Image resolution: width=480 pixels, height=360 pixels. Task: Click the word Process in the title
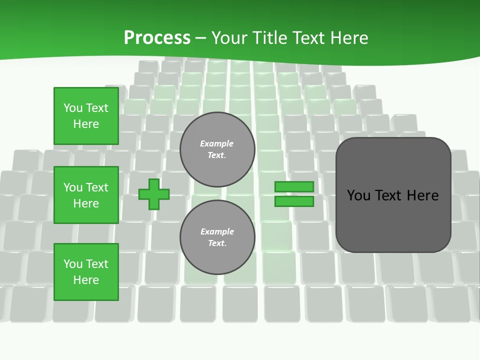click(x=157, y=38)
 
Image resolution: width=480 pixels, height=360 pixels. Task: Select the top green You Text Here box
click(x=86, y=116)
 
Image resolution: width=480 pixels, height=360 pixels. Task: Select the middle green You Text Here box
click(x=86, y=195)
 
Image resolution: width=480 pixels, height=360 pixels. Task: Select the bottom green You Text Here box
click(x=86, y=272)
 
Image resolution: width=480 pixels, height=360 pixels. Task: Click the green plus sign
click(x=153, y=194)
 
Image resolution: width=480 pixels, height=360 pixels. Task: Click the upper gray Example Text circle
click(x=217, y=149)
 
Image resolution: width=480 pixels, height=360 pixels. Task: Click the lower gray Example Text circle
click(x=217, y=237)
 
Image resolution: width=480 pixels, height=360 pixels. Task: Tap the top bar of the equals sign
click(x=294, y=186)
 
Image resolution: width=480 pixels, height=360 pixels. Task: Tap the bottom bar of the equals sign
click(x=294, y=201)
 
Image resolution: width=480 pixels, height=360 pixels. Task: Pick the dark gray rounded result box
click(x=393, y=195)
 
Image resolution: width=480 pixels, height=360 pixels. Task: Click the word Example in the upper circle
click(x=216, y=143)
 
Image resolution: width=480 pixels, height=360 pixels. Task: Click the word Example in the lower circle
click(x=217, y=231)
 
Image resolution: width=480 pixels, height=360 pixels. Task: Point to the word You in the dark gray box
click(x=359, y=195)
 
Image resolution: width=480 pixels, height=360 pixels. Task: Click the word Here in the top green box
click(x=86, y=124)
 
